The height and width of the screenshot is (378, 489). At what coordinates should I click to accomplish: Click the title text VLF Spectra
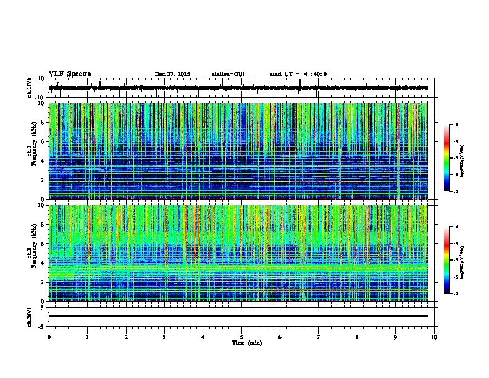[x=70, y=73]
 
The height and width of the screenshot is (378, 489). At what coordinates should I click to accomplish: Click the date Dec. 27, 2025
[x=172, y=74]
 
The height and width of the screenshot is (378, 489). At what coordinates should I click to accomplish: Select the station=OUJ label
[x=228, y=74]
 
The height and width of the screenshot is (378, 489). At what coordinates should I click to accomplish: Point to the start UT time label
[x=298, y=74]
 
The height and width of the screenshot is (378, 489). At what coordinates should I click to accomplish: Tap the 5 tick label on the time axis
[x=242, y=337]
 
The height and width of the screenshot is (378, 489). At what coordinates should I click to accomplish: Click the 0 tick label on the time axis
[x=49, y=337]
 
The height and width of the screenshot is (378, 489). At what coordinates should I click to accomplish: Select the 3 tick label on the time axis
[x=165, y=337]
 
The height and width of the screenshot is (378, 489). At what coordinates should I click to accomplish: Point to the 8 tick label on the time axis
[x=357, y=337]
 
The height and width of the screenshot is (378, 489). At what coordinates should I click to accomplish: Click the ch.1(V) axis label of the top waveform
[x=30, y=88]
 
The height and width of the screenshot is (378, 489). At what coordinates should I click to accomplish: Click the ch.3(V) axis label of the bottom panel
[x=30, y=316]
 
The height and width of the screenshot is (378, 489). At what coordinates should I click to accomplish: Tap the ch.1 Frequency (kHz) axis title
[x=31, y=151]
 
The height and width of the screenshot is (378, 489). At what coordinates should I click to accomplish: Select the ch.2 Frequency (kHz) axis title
[x=31, y=253]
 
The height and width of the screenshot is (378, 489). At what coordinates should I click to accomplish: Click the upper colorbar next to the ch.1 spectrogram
[x=447, y=158]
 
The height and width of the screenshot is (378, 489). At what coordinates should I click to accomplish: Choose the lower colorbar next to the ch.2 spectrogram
[x=447, y=260]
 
